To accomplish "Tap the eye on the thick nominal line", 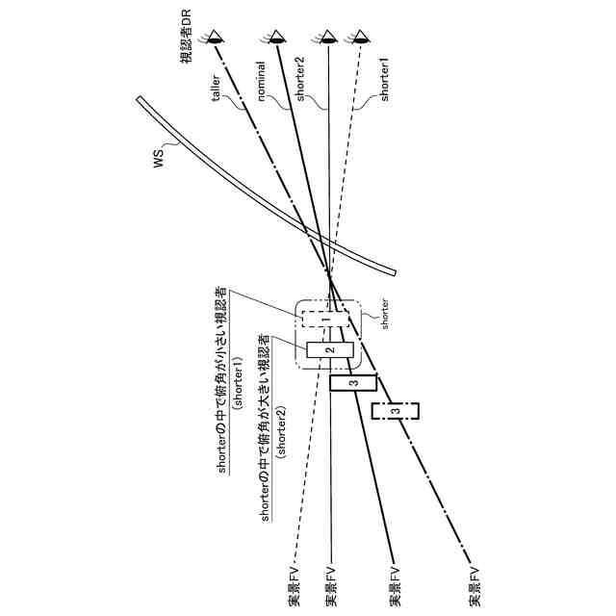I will (x=276, y=38).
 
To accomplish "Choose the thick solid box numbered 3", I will (x=353, y=383).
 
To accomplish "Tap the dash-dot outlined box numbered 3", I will (x=395, y=411).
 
